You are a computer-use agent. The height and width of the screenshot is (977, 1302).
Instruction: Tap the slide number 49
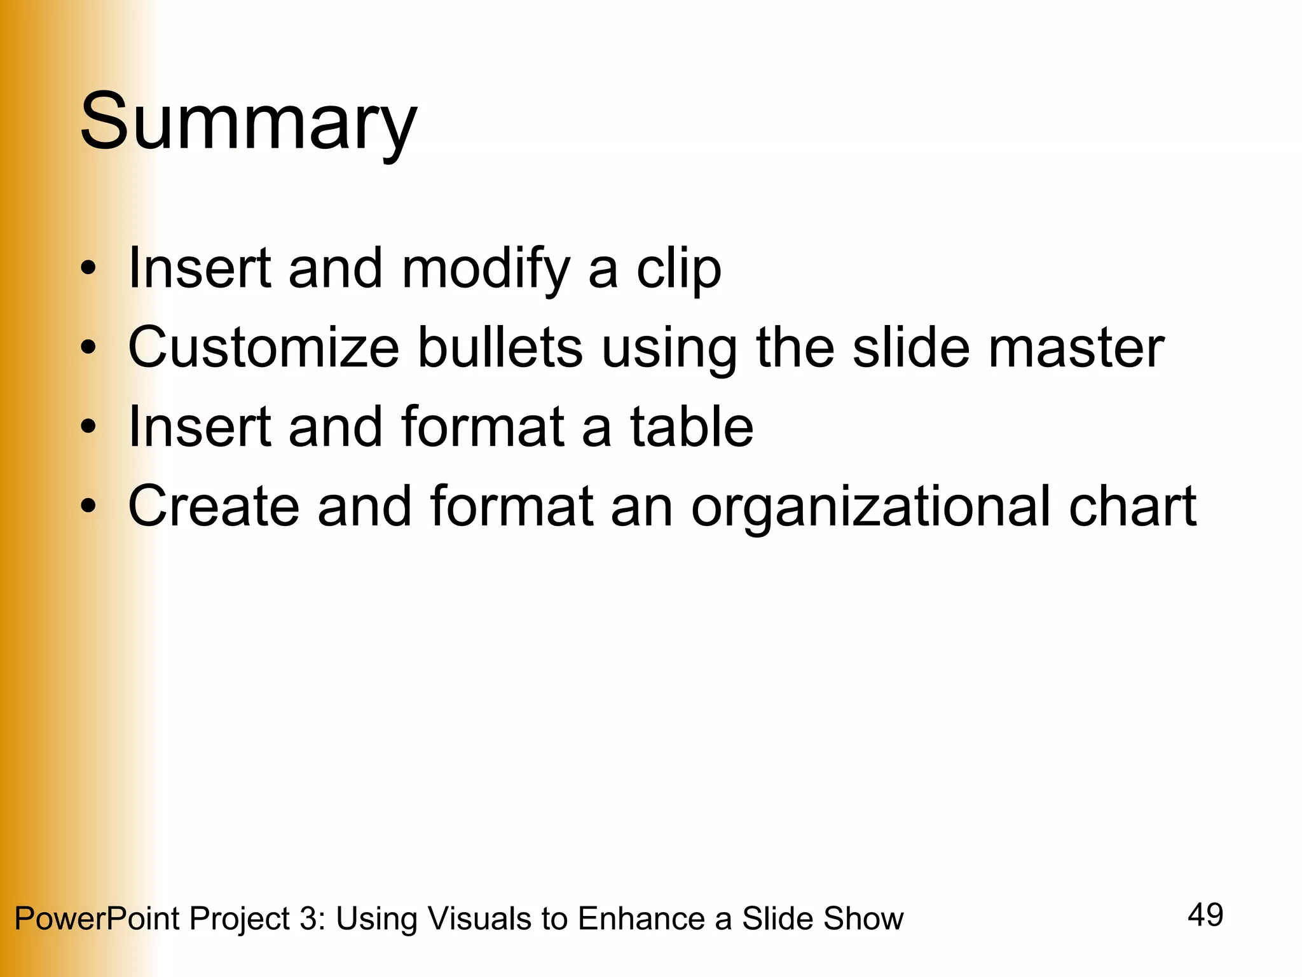click(1205, 915)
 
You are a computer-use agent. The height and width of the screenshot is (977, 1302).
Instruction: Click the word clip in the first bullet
click(679, 268)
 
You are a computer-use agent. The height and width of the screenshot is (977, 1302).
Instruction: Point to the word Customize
click(263, 347)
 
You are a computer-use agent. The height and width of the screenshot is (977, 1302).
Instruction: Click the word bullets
click(500, 347)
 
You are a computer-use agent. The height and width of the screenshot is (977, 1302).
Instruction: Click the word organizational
click(871, 506)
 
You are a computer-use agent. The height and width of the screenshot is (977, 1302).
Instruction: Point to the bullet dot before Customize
click(88, 347)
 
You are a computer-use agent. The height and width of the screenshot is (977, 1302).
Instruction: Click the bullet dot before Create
click(88, 506)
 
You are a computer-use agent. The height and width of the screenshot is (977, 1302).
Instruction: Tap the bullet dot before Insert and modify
click(88, 268)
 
